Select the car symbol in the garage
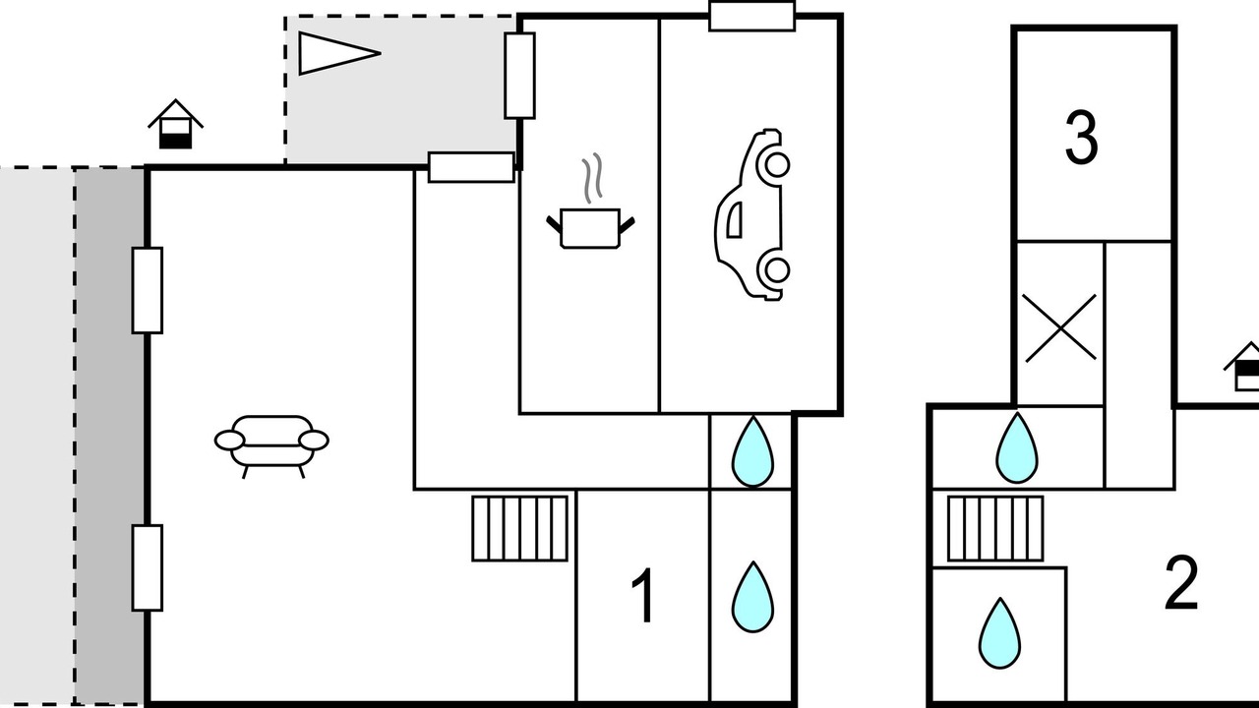pos(752,214)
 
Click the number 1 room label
pos(642,595)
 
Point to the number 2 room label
pos(1181,583)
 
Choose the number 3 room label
pos(1081,138)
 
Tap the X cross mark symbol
pos(1060,327)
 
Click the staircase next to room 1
pos(520,528)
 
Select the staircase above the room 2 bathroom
pos(995,528)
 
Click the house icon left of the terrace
pos(175,124)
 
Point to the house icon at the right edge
pos(1245,367)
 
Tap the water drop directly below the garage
pos(752,451)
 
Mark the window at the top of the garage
pos(752,16)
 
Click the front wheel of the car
pos(777,164)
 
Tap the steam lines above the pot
pos(592,178)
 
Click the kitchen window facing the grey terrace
pos(519,76)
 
